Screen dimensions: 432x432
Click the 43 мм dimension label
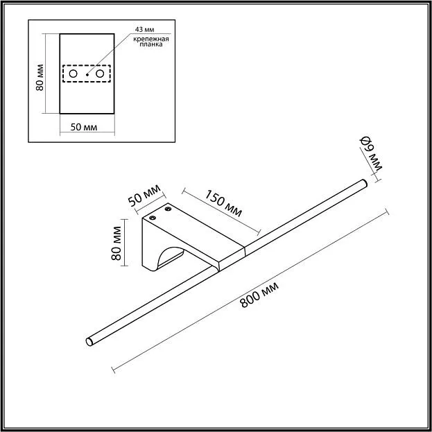tap(144, 30)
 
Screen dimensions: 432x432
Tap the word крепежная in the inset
tap(151, 39)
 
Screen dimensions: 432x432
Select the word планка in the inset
tap(151, 44)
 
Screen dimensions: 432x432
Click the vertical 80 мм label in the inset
tap(40, 78)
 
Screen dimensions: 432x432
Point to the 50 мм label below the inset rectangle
tap(84, 128)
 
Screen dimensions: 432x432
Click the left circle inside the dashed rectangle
tap(73, 74)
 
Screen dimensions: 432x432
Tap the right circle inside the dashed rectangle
tap(100, 74)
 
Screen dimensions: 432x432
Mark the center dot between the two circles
tap(87, 74)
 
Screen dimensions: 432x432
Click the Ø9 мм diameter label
tap(371, 154)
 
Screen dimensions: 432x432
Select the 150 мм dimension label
tap(223, 203)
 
